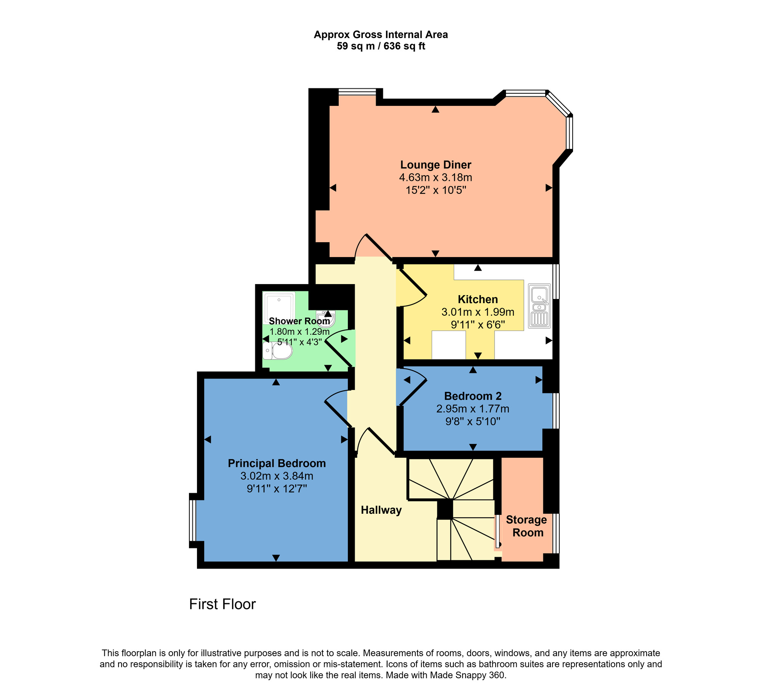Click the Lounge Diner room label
pos(435,165)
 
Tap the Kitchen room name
pos(478,299)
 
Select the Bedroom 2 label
pos(472,396)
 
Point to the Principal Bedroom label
pos(277,463)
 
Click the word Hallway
pos(381,510)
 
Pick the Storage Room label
pos(527,526)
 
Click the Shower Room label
pos(299,321)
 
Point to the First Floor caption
pos(222,604)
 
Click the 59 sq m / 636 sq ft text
pos(381,46)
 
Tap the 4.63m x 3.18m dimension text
pos(435,177)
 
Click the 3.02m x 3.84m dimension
pos(277,476)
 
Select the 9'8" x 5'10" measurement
pos(472,422)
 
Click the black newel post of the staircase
pos(445,509)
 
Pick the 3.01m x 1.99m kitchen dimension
pos(478,312)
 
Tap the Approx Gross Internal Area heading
pos(381,35)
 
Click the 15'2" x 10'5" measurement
pos(435,190)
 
